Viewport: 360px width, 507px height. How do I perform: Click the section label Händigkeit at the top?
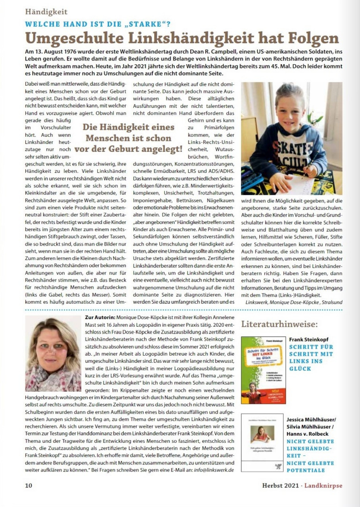pyautogui.click(x=46, y=12)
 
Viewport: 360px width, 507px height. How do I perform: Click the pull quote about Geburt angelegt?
pyautogui.click(x=128, y=138)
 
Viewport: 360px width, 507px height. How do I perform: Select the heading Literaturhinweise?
pyautogui.click(x=280, y=324)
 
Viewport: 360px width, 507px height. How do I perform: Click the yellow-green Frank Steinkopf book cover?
pyautogui.click(x=263, y=370)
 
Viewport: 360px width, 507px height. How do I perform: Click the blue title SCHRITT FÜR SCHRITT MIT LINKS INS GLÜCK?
pyautogui.click(x=311, y=358)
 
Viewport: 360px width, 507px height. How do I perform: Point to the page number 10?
pyautogui.click(x=29, y=485)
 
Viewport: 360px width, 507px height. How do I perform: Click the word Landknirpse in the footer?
pyautogui.click(x=324, y=485)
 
